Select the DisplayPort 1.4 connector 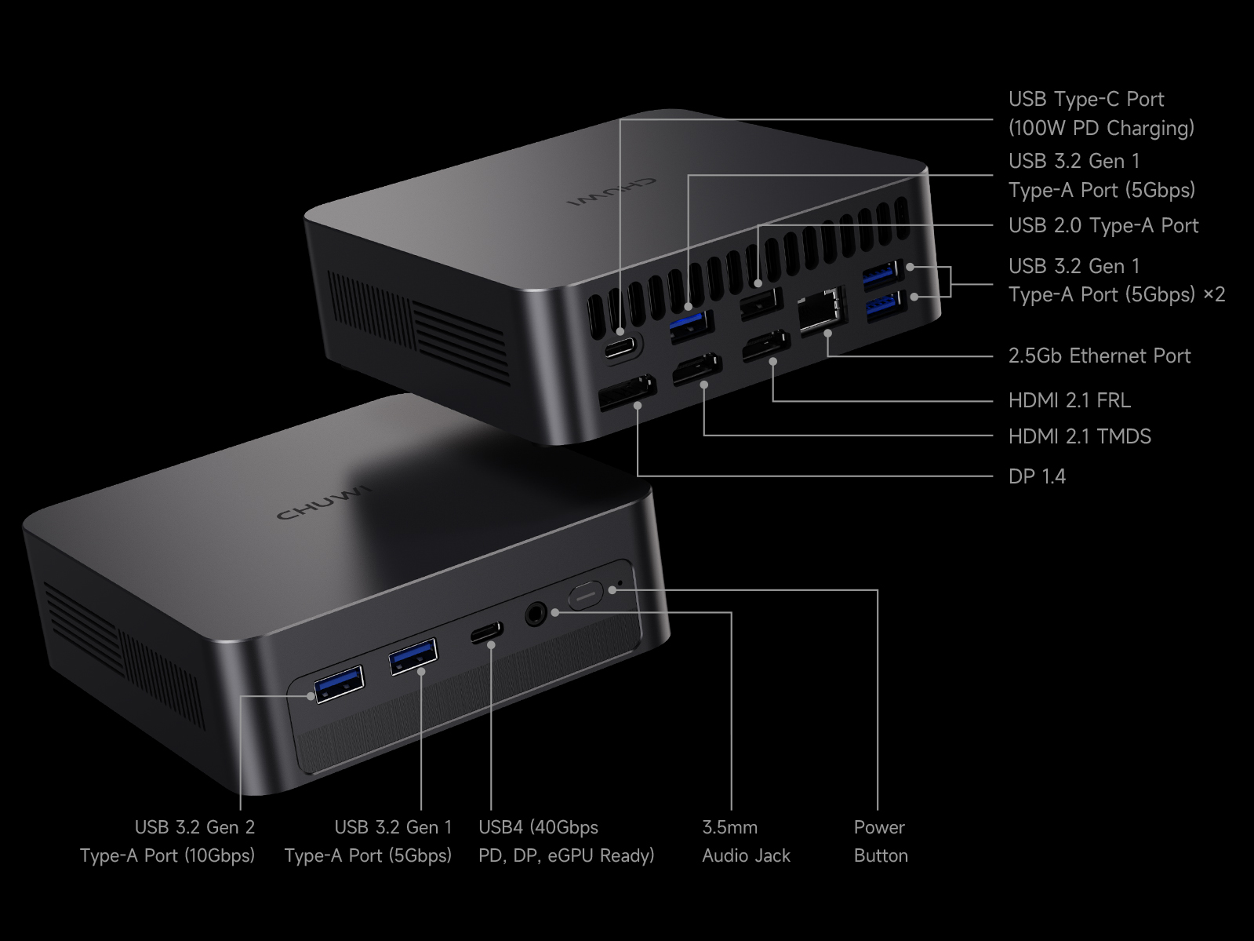pyautogui.click(x=627, y=392)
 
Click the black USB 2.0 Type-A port pyautogui.click(x=761, y=303)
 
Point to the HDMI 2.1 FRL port pyautogui.click(x=767, y=346)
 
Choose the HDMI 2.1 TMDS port pyautogui.click(x=696, y=370)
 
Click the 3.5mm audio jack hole pyautogui.click(x=536, y=613)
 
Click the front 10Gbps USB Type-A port pyautogui.click(x=339, y=683)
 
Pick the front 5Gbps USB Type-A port pyautogui.click(x=413, y=656)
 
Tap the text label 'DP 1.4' pyautogui.click(x=1037, y=476)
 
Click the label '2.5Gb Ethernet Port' pyautogui.click(x=1099, y=356)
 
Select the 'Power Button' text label pyautogui.click(x=880, y=841)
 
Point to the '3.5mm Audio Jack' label pyautogui.click(x=745, y=841)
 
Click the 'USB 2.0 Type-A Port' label pyautogui.click(x=1103, y=225)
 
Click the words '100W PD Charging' pyautogui.click(x=1101, y=128)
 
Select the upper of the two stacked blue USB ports pyautogui.click(x=883, y=275)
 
